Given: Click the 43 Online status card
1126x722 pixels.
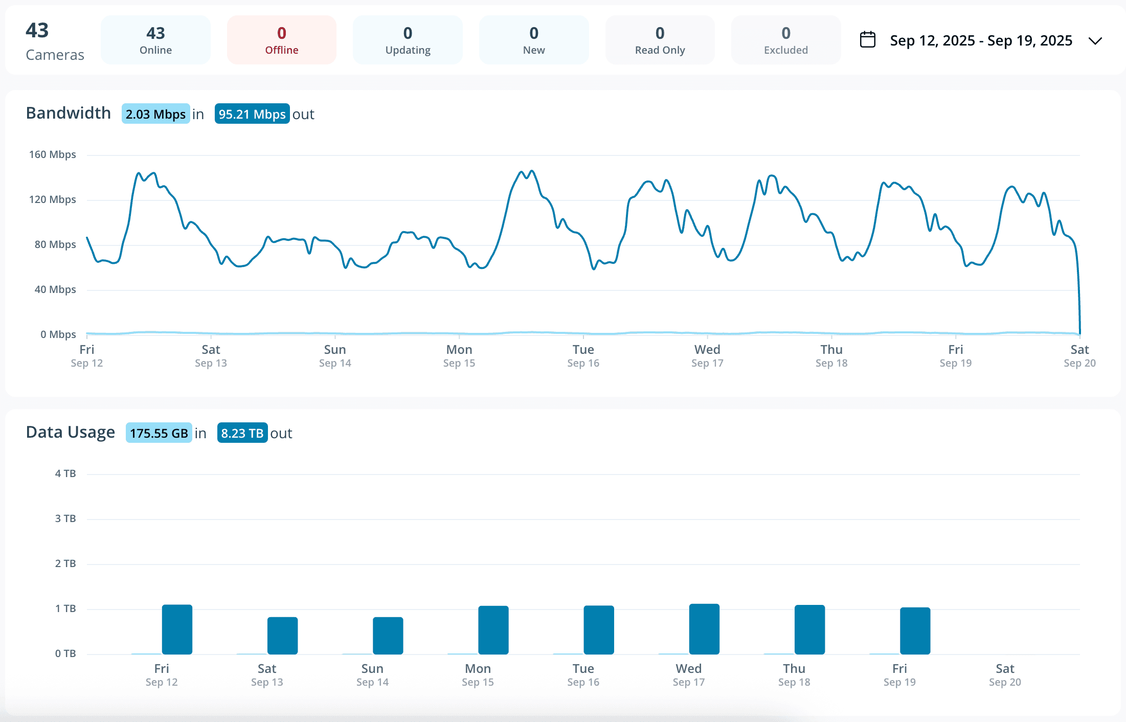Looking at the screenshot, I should click(155, 40).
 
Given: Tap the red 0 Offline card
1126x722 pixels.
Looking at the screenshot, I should click(281, 40).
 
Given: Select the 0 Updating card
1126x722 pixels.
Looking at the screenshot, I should click(408, 40).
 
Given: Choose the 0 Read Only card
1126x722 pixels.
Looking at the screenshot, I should click(660, 40).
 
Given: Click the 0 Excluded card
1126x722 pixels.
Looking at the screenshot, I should click(786, 40).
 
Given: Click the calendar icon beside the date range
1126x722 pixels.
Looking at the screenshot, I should click(868, 40).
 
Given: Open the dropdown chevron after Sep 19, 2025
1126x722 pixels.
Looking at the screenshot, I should click(1095, 41).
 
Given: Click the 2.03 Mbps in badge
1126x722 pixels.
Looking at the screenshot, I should click(156, 114).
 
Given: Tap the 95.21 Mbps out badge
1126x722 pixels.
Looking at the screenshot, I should click(252, 114).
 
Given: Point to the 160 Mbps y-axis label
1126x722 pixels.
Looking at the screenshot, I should click(52, 154).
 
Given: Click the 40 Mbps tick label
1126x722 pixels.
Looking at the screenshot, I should click(55, 289).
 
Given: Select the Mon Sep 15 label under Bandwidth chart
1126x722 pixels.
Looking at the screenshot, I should click(459, 356).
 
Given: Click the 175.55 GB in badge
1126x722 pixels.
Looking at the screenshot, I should click(159, 433).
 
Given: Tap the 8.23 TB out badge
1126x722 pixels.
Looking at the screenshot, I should click(242, 433).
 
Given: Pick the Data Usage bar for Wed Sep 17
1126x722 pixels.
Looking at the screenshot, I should click(704, 629).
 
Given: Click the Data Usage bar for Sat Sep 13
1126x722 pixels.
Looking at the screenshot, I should click(282, 636).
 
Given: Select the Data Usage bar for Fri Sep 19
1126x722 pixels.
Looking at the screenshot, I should click(915, 631).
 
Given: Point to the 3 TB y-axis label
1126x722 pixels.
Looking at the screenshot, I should click(65, 518).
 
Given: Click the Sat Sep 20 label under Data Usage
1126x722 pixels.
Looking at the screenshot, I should click(1005, 675).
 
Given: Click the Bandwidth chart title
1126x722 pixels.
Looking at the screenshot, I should click(69, 113).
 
